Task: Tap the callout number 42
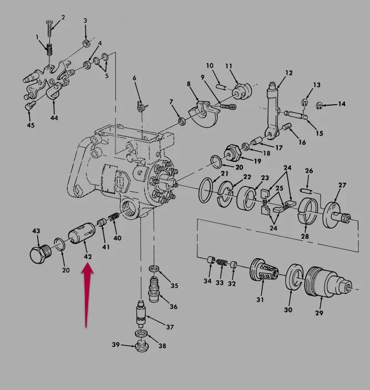click(x=88, y=256)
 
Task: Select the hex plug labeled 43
click(x=40, y=254)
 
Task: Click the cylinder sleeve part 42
click(x=81, y=233)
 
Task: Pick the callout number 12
click(x=289, y=73)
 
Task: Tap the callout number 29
click(x=319, y=312)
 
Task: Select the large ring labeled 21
click(x=206, y=190)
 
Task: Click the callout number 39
click(x=115, y=345)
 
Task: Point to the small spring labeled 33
click(x=221, y=263)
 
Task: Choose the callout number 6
click(x=134, y=78)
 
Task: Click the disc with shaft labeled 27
click(x=336, y=214)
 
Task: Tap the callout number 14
click(x=342, y=104)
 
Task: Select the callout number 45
click(x=31, y=125)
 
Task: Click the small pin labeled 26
click(x=306, y=191)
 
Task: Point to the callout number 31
click(x=260, y=300)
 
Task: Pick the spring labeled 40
click(x=113, y=217)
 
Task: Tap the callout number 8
click(x=189, y=84)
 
